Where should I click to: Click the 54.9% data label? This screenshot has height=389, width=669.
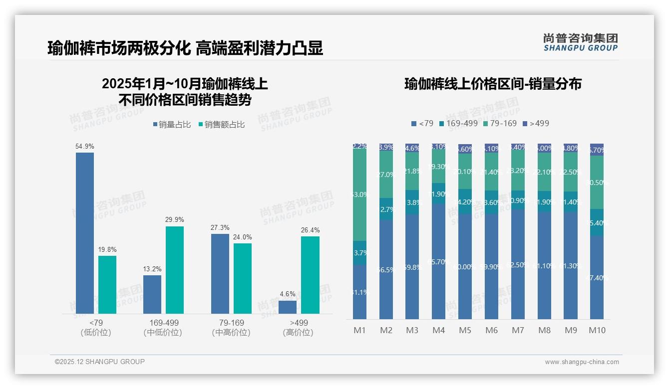tap(84, 146)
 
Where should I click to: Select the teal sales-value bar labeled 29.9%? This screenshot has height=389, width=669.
tap(175, 270)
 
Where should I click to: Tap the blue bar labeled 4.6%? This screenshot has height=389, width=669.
tap(288, 307)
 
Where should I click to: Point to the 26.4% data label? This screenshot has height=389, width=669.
tap(310, 230)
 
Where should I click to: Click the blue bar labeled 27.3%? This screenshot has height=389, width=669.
tap(220, 273)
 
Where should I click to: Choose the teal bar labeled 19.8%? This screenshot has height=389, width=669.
tap(107, 285)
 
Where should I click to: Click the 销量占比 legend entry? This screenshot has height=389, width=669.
tap(172, 125)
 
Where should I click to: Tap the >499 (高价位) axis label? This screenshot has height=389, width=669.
tap(298, 328)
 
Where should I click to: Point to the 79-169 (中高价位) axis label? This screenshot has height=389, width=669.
tap(231, 328)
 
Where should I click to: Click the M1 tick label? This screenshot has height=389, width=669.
tap(359, 330)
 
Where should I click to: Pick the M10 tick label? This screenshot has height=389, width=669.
tap(597, 330)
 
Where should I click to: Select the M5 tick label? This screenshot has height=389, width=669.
tap(465, 330)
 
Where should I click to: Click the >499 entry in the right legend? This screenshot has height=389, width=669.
tap(536, 123)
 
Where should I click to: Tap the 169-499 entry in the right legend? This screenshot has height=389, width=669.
tap(458, 123)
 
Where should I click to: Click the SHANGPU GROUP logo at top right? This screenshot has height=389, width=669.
tap(580, 42)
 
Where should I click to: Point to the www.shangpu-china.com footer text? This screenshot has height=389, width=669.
tap(582, 362)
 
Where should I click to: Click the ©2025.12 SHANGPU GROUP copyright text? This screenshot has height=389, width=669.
tap(100, 362)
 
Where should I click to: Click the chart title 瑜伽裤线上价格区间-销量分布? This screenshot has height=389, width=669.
tap(493, 84)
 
